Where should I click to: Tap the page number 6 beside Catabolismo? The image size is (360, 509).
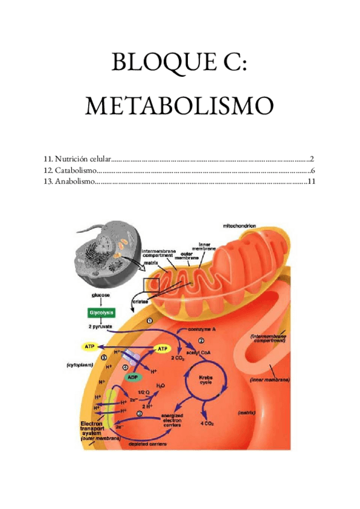click(313, 170)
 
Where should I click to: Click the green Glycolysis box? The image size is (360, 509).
click(98, 313)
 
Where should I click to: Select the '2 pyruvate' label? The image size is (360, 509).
click(100, 327)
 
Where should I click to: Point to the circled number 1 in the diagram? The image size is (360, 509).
click(150, 321)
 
